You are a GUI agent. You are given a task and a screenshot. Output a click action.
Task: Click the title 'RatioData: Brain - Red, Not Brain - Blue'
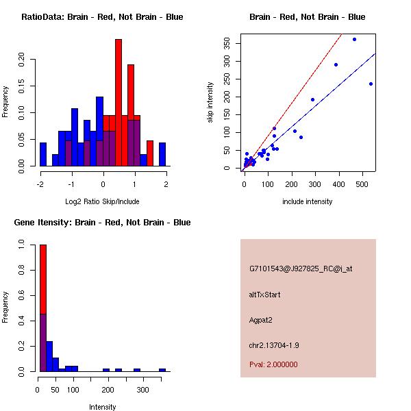(x=102, y=17)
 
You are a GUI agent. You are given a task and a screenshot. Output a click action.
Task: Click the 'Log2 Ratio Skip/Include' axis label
(x=102, y=201)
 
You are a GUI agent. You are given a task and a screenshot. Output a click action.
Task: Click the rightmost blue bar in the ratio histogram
(x=162, y=153)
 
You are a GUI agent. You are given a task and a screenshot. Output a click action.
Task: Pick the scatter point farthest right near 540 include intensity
(x=371, y=84)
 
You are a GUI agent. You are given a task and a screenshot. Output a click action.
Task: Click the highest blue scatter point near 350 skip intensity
(x=354, y=39)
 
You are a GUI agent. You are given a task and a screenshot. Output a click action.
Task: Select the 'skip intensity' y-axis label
(x=210, y=103)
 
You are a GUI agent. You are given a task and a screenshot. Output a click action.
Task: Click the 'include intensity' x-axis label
(x=308, y=201)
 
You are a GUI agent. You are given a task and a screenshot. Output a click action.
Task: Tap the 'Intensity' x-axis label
(x=103, y=407)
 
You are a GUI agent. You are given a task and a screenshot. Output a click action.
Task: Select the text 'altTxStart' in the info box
(x=265, y=295)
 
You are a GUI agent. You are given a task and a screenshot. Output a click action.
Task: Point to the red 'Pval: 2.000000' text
(x=273, y=364)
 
